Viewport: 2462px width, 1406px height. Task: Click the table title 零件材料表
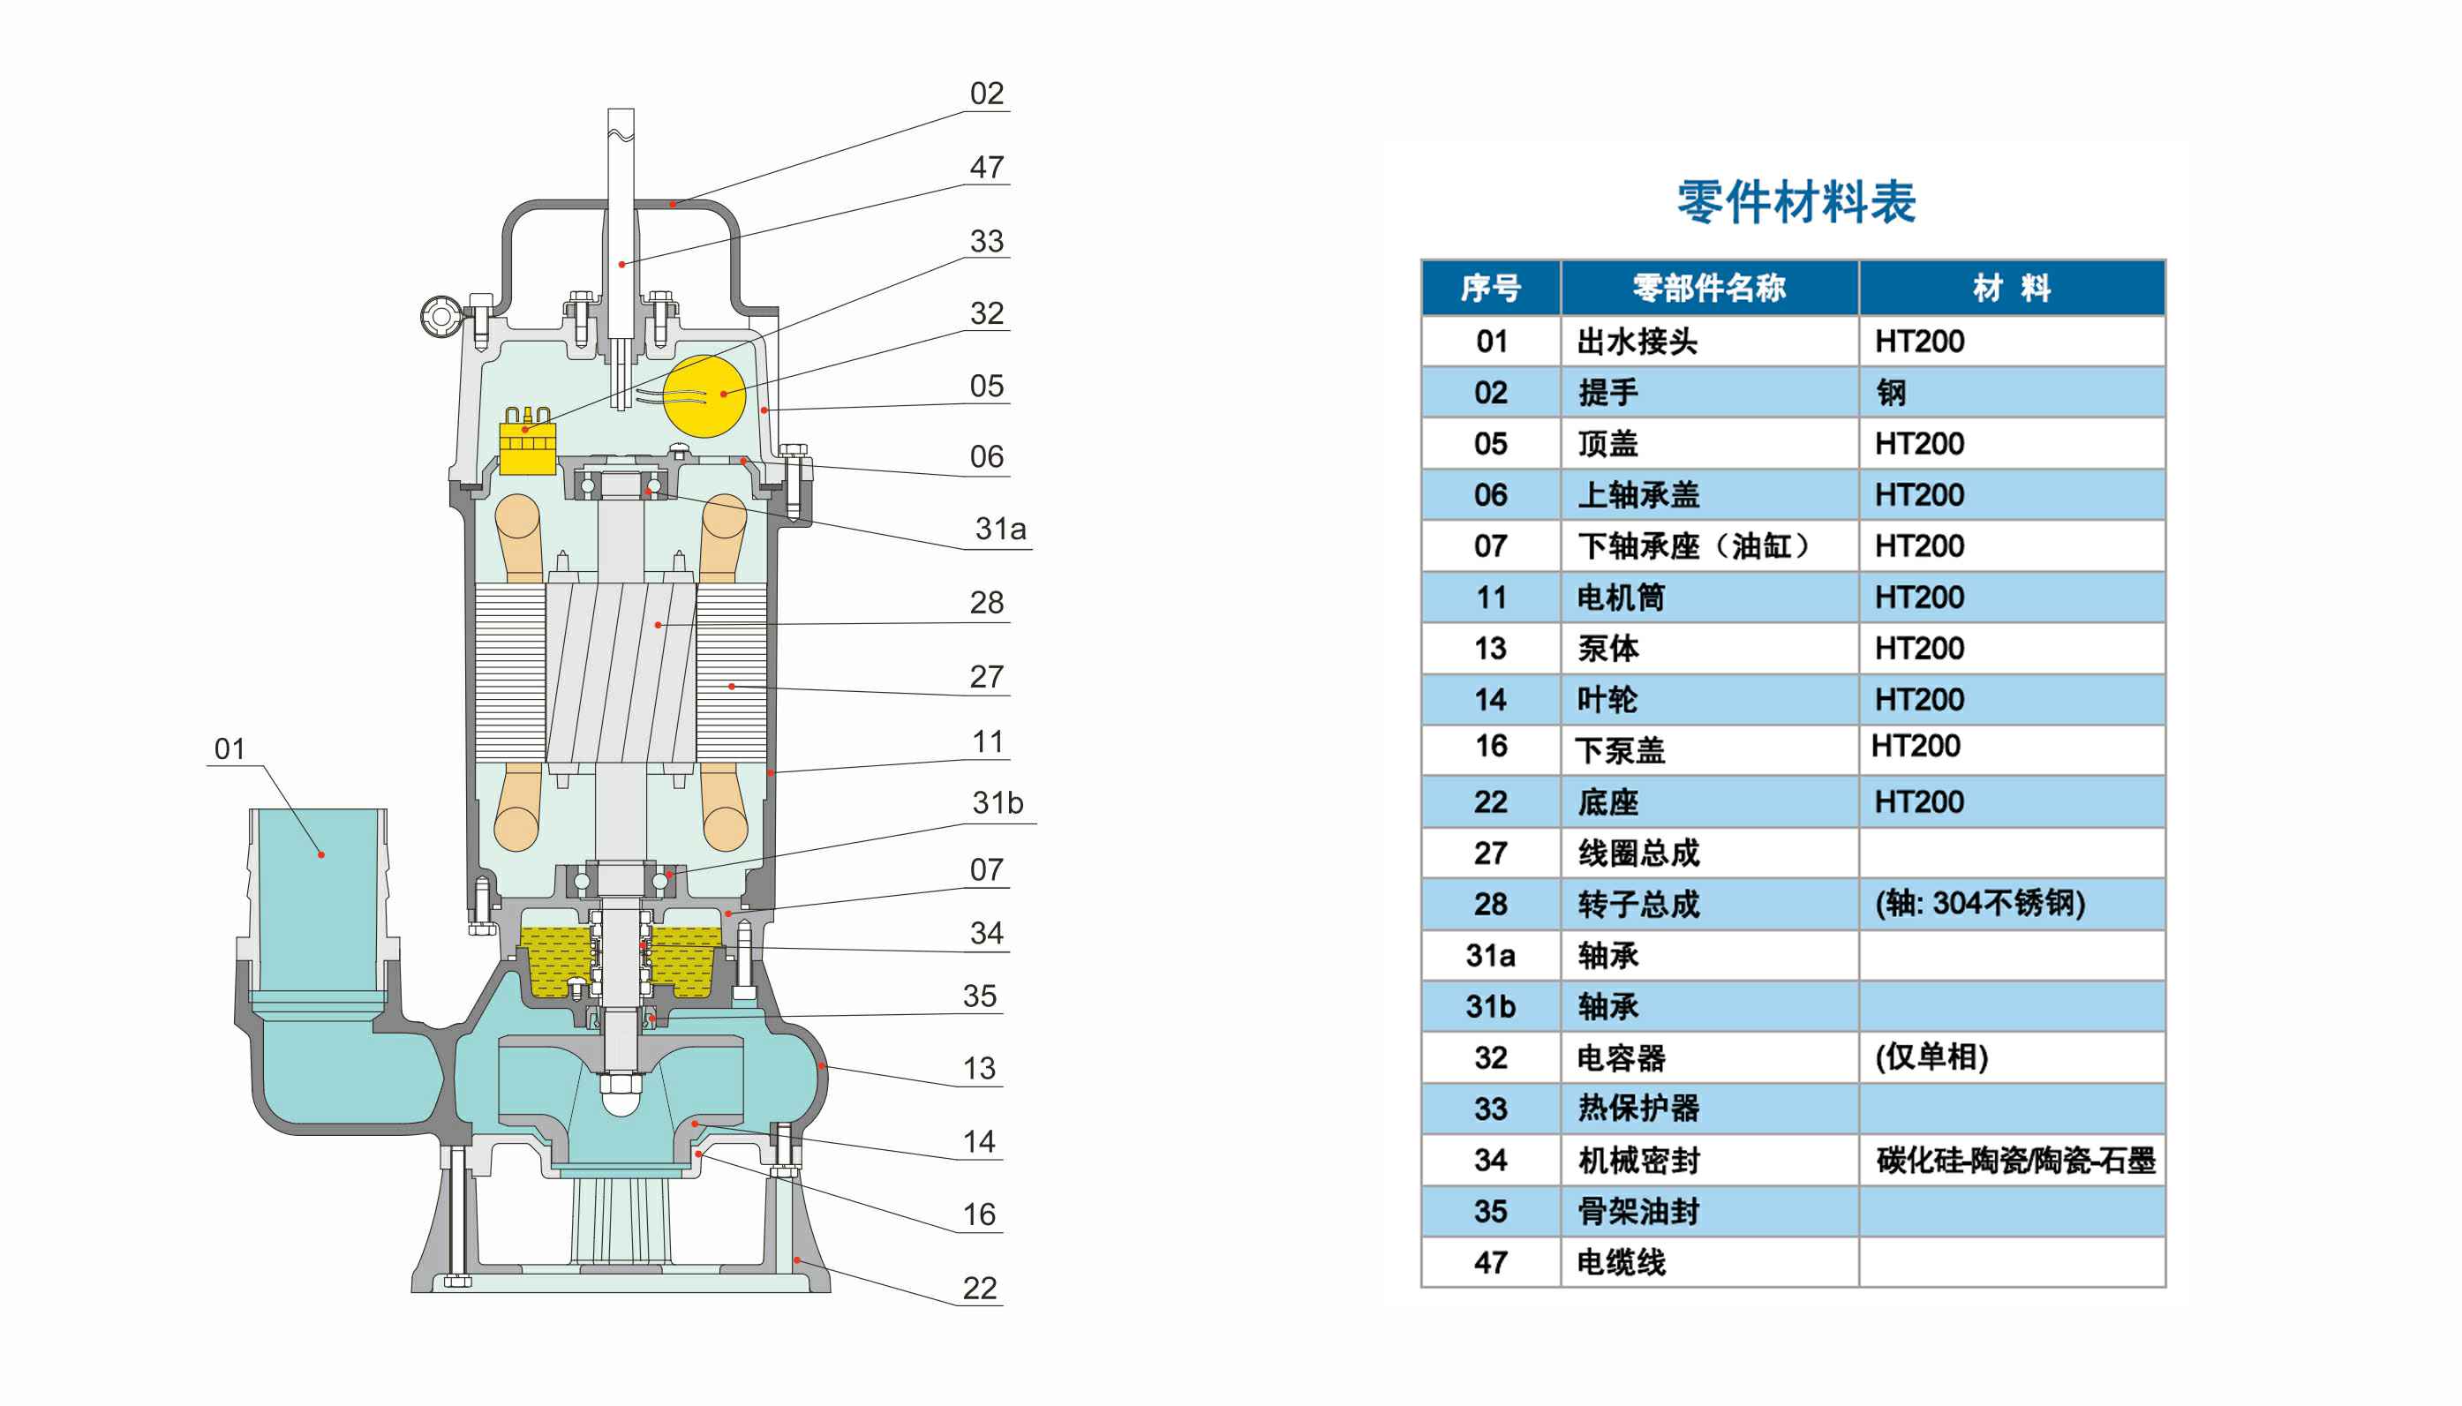pos(1796,202)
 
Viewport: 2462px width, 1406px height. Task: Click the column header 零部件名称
pos(1709,288)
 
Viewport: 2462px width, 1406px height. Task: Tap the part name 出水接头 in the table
pos(1637,341)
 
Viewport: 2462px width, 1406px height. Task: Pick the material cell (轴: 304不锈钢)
pos(1979,903)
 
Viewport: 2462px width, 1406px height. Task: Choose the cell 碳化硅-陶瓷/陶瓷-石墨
pos(2015,1160)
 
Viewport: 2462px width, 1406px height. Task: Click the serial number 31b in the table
pos(1490,1006)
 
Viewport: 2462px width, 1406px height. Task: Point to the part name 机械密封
pos(1638,1160)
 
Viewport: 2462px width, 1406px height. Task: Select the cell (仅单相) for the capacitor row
pos(1931,1057)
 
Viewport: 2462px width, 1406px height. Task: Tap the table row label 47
pos(1490,1262)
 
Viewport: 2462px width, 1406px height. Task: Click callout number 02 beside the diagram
pos(987,94)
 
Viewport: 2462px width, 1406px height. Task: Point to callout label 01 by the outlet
pos(230,748)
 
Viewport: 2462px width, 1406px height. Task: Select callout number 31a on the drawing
pos(1000,530)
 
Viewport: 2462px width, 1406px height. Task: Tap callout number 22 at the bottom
pos(979,1289)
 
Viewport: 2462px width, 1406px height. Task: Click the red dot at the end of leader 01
pos(321,854)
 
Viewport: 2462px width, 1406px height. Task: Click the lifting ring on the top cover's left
pos(440,316)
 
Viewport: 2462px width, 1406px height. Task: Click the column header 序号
pos(1490,288)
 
